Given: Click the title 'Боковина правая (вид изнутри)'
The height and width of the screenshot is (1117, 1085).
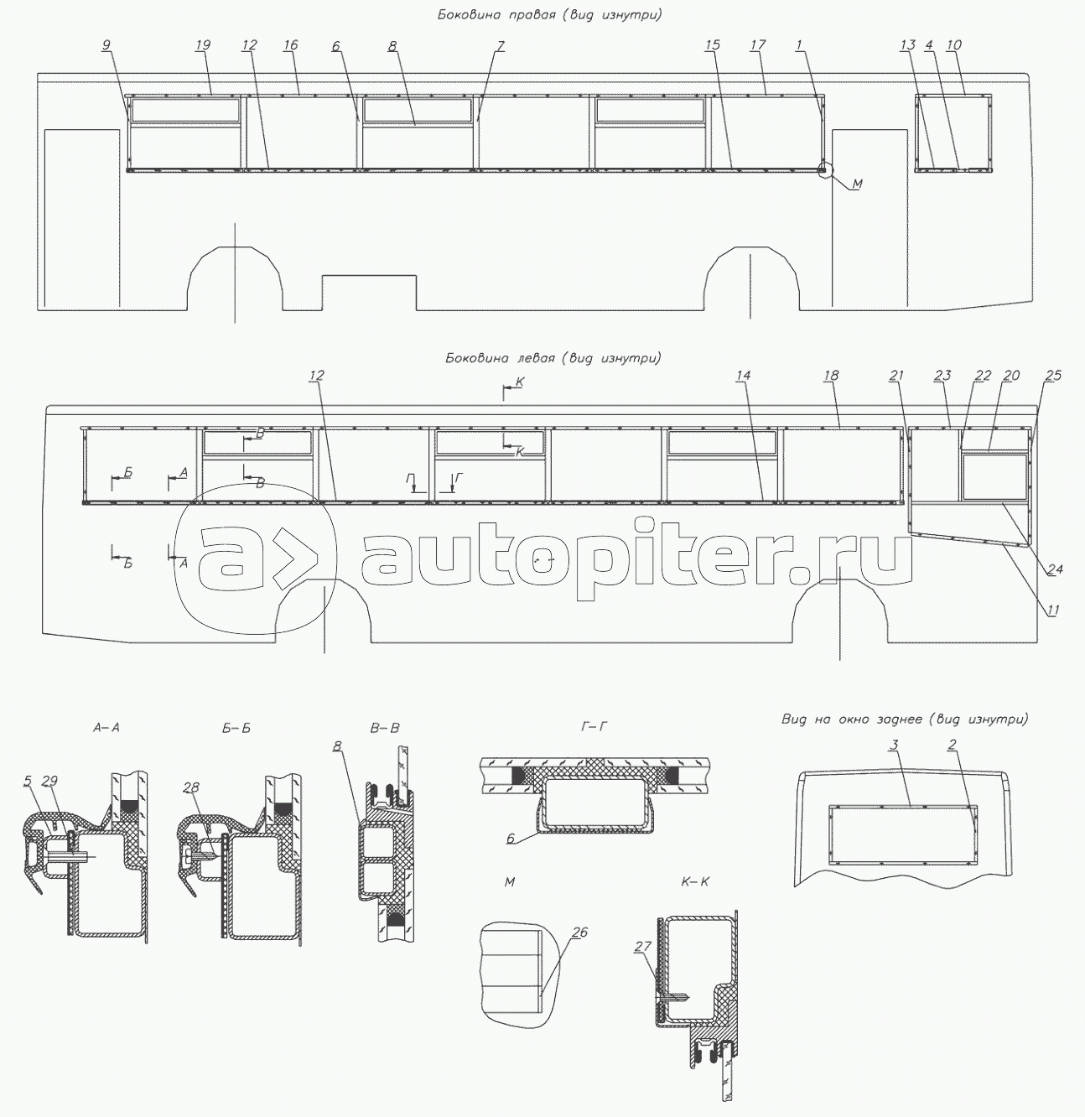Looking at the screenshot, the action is pyautogui.click(x=550, y=15).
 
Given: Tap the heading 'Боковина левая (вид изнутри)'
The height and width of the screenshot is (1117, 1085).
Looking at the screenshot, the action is pyautogui.click(x=553, y=358).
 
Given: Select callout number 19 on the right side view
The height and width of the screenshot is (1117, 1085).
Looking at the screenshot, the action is pyautogui.click(x=203, y=44).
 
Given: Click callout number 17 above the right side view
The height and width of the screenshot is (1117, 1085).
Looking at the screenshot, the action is pyautogui.click(x=758, y=44).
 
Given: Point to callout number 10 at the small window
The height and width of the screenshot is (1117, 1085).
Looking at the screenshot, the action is pyautogui.click(x=953, y=44).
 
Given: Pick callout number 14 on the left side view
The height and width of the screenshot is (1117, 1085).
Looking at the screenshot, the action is pyautogui.click(x=743, y=376).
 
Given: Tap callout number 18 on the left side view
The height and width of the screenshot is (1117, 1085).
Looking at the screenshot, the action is pyautogui.click(x=831, y=376).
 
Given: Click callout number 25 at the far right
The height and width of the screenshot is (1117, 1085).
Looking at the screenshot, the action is pyautogui.click(x=1053, y=376).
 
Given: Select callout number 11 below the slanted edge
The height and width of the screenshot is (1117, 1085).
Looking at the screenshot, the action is pyautogui.click(x=1051, y=610).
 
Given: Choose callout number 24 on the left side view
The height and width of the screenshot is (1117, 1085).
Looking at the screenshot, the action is pyautogui.click(x=1055, y=569).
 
